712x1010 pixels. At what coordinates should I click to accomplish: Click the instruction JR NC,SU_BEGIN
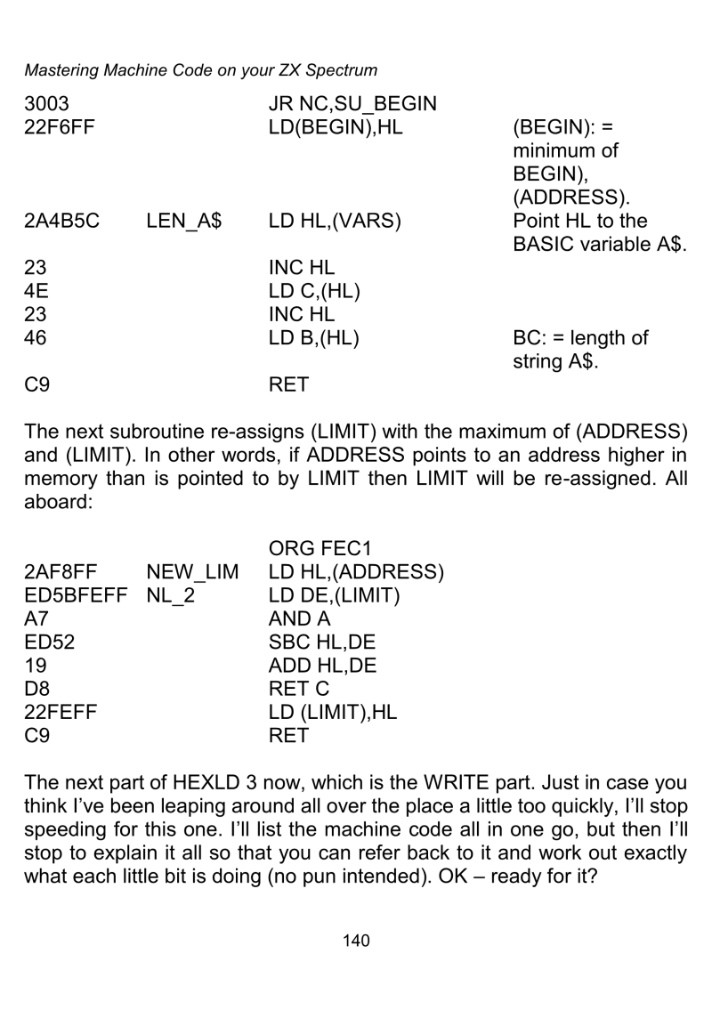(352, 104)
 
